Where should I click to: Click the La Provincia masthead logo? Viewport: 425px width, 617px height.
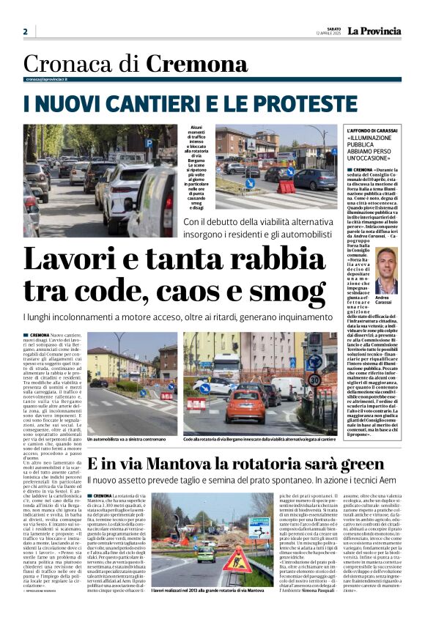(x=374, y=31)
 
